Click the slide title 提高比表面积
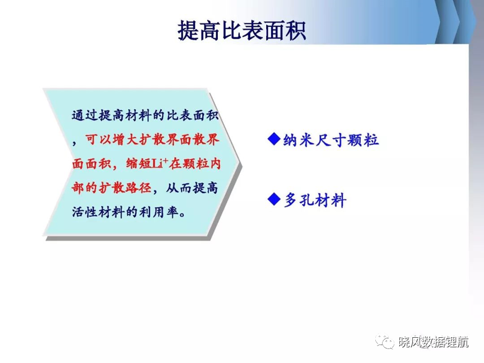241,31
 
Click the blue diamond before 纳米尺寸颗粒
274,139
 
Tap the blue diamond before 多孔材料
274,199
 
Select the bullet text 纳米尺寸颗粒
331,140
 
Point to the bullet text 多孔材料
314,200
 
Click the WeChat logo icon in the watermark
385,342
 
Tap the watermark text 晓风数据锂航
434,342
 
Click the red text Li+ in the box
160,163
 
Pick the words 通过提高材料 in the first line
112,115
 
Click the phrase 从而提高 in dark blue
192,188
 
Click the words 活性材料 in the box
99,212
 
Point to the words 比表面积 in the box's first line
193,115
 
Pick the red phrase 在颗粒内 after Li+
195,164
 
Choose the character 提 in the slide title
188,31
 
